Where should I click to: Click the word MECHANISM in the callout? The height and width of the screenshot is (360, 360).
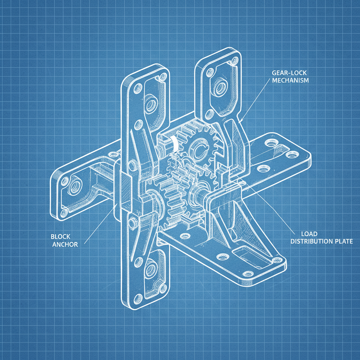[x=290, y=80]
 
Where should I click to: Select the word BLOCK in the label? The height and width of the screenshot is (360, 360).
[x=60, y=237]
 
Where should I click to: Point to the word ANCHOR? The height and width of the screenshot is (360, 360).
[x=65, y=244]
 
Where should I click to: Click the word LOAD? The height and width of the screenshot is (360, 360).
[x=309, y=234]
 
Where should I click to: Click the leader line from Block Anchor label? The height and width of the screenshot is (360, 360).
[x=98, y=225]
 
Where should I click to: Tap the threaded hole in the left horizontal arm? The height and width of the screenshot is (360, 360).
[x=74, y=188]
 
